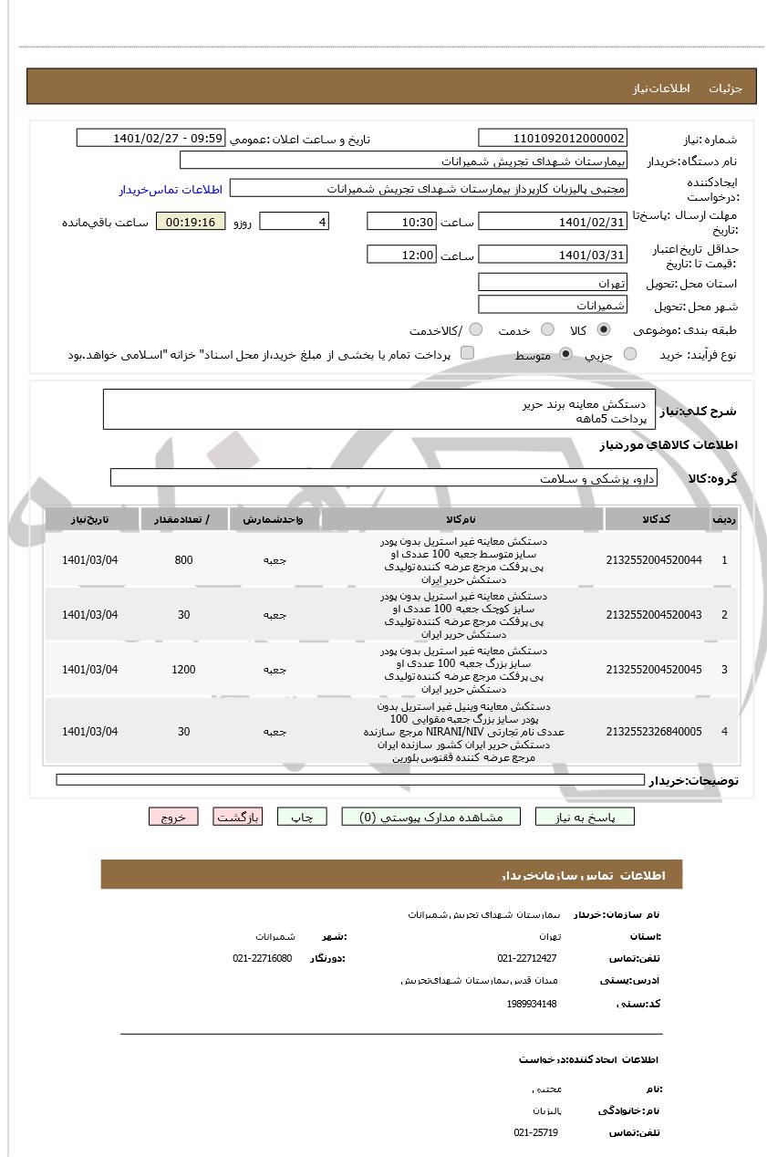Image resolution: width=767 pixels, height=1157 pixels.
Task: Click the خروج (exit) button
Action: point(173,818)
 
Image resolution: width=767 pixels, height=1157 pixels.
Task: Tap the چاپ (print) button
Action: point(302,818)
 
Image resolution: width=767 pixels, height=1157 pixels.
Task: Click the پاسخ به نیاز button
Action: point(585,818)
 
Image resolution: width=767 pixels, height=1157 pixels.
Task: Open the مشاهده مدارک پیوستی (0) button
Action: point(430,818)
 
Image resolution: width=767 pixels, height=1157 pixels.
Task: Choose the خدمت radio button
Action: point(547,330)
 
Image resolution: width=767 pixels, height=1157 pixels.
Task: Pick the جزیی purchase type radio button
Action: point(630,355)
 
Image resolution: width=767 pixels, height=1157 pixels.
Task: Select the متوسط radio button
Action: point(565,355)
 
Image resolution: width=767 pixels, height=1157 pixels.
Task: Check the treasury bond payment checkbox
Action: point(467,353)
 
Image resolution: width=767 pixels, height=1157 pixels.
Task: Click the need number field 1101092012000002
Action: point(553,139)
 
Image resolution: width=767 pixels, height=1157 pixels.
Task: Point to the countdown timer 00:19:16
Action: point(191,222)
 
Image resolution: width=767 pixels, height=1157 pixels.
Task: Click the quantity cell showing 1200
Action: point(183,670)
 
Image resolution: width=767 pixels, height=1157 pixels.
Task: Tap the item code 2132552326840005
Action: point(654,732)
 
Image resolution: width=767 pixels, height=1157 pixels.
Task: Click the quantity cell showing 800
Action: point(183,560)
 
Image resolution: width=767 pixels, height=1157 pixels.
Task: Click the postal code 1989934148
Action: point(532,1005)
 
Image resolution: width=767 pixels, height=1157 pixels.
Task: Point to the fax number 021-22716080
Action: point(263,959)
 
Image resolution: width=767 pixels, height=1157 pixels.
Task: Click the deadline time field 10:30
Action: point(401,222)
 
